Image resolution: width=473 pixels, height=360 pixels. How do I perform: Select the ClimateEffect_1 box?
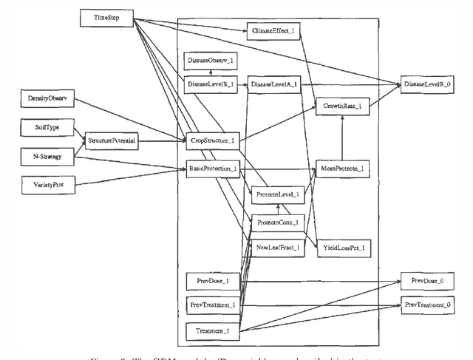coord(277,32)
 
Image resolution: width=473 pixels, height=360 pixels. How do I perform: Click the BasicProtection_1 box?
coord(212,169)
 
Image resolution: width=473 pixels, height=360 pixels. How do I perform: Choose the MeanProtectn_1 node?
coord(342,169)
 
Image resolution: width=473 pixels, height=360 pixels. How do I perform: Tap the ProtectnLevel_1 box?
coord(277,194)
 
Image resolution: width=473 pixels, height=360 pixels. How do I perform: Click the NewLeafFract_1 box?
coord(277,248)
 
